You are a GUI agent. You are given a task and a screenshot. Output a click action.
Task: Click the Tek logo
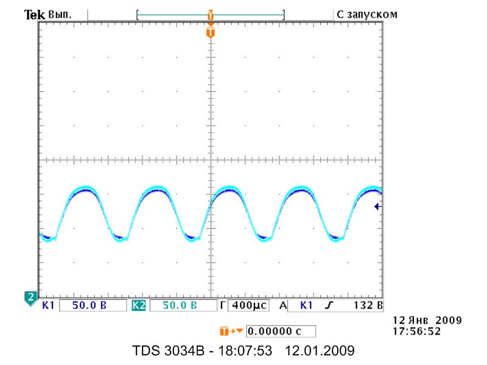tap(35, 15)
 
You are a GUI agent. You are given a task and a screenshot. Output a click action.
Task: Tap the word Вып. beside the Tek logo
tap(60, 15)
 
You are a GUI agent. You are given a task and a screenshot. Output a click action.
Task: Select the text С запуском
tap(367, 15)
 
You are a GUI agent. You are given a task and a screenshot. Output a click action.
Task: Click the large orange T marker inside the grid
tap(211, 32)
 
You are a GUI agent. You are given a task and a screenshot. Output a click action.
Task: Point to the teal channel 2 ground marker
tap(30, 298)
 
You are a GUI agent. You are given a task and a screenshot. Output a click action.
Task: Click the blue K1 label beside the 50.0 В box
tap(48, 305)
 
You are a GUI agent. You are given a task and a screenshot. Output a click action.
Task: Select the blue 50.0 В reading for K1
tap(89, 305)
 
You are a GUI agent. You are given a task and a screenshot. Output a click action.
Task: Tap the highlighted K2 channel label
tap(139, 305)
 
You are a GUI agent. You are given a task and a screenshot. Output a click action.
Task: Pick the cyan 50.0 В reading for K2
tap(180, 305)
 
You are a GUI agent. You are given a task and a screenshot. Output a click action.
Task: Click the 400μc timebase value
tap(249, 305)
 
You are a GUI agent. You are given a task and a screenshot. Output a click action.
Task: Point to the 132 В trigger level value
tap(368, 305)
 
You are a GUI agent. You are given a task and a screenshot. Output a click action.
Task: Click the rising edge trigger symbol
tap(328, 305)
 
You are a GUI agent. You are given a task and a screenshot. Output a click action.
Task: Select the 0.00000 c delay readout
tap(275, 331)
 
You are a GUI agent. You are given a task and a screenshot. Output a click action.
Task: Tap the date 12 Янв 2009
tap(427, 320)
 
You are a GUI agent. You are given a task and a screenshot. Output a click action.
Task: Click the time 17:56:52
tap(417, 331)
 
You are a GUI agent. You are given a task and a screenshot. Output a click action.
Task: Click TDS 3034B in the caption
tap(169, 351)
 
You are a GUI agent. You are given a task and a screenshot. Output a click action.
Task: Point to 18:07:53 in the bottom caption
tap(245, 351)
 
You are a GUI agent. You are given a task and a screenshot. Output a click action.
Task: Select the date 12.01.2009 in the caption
tap(320, 351)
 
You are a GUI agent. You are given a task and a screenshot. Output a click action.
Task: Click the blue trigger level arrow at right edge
tap(378, 206)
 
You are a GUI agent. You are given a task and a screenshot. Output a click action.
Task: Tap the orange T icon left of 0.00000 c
tap(224, 331)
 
